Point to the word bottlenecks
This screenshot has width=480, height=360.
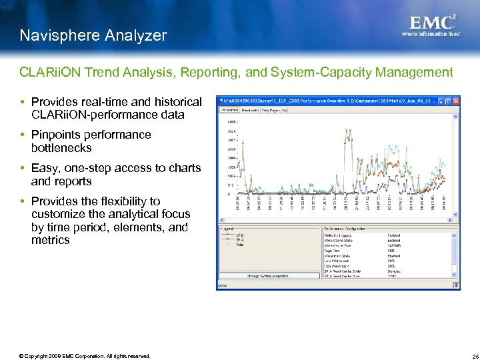pyautogui.click(x=61, y=148)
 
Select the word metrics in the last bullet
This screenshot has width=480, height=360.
pyautogui.click(x=50, y=240)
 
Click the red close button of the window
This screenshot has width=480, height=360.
pyautogui.click(x=455, y=101)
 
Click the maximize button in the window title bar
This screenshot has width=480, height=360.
pyautogui.click(x=448, y=101)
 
